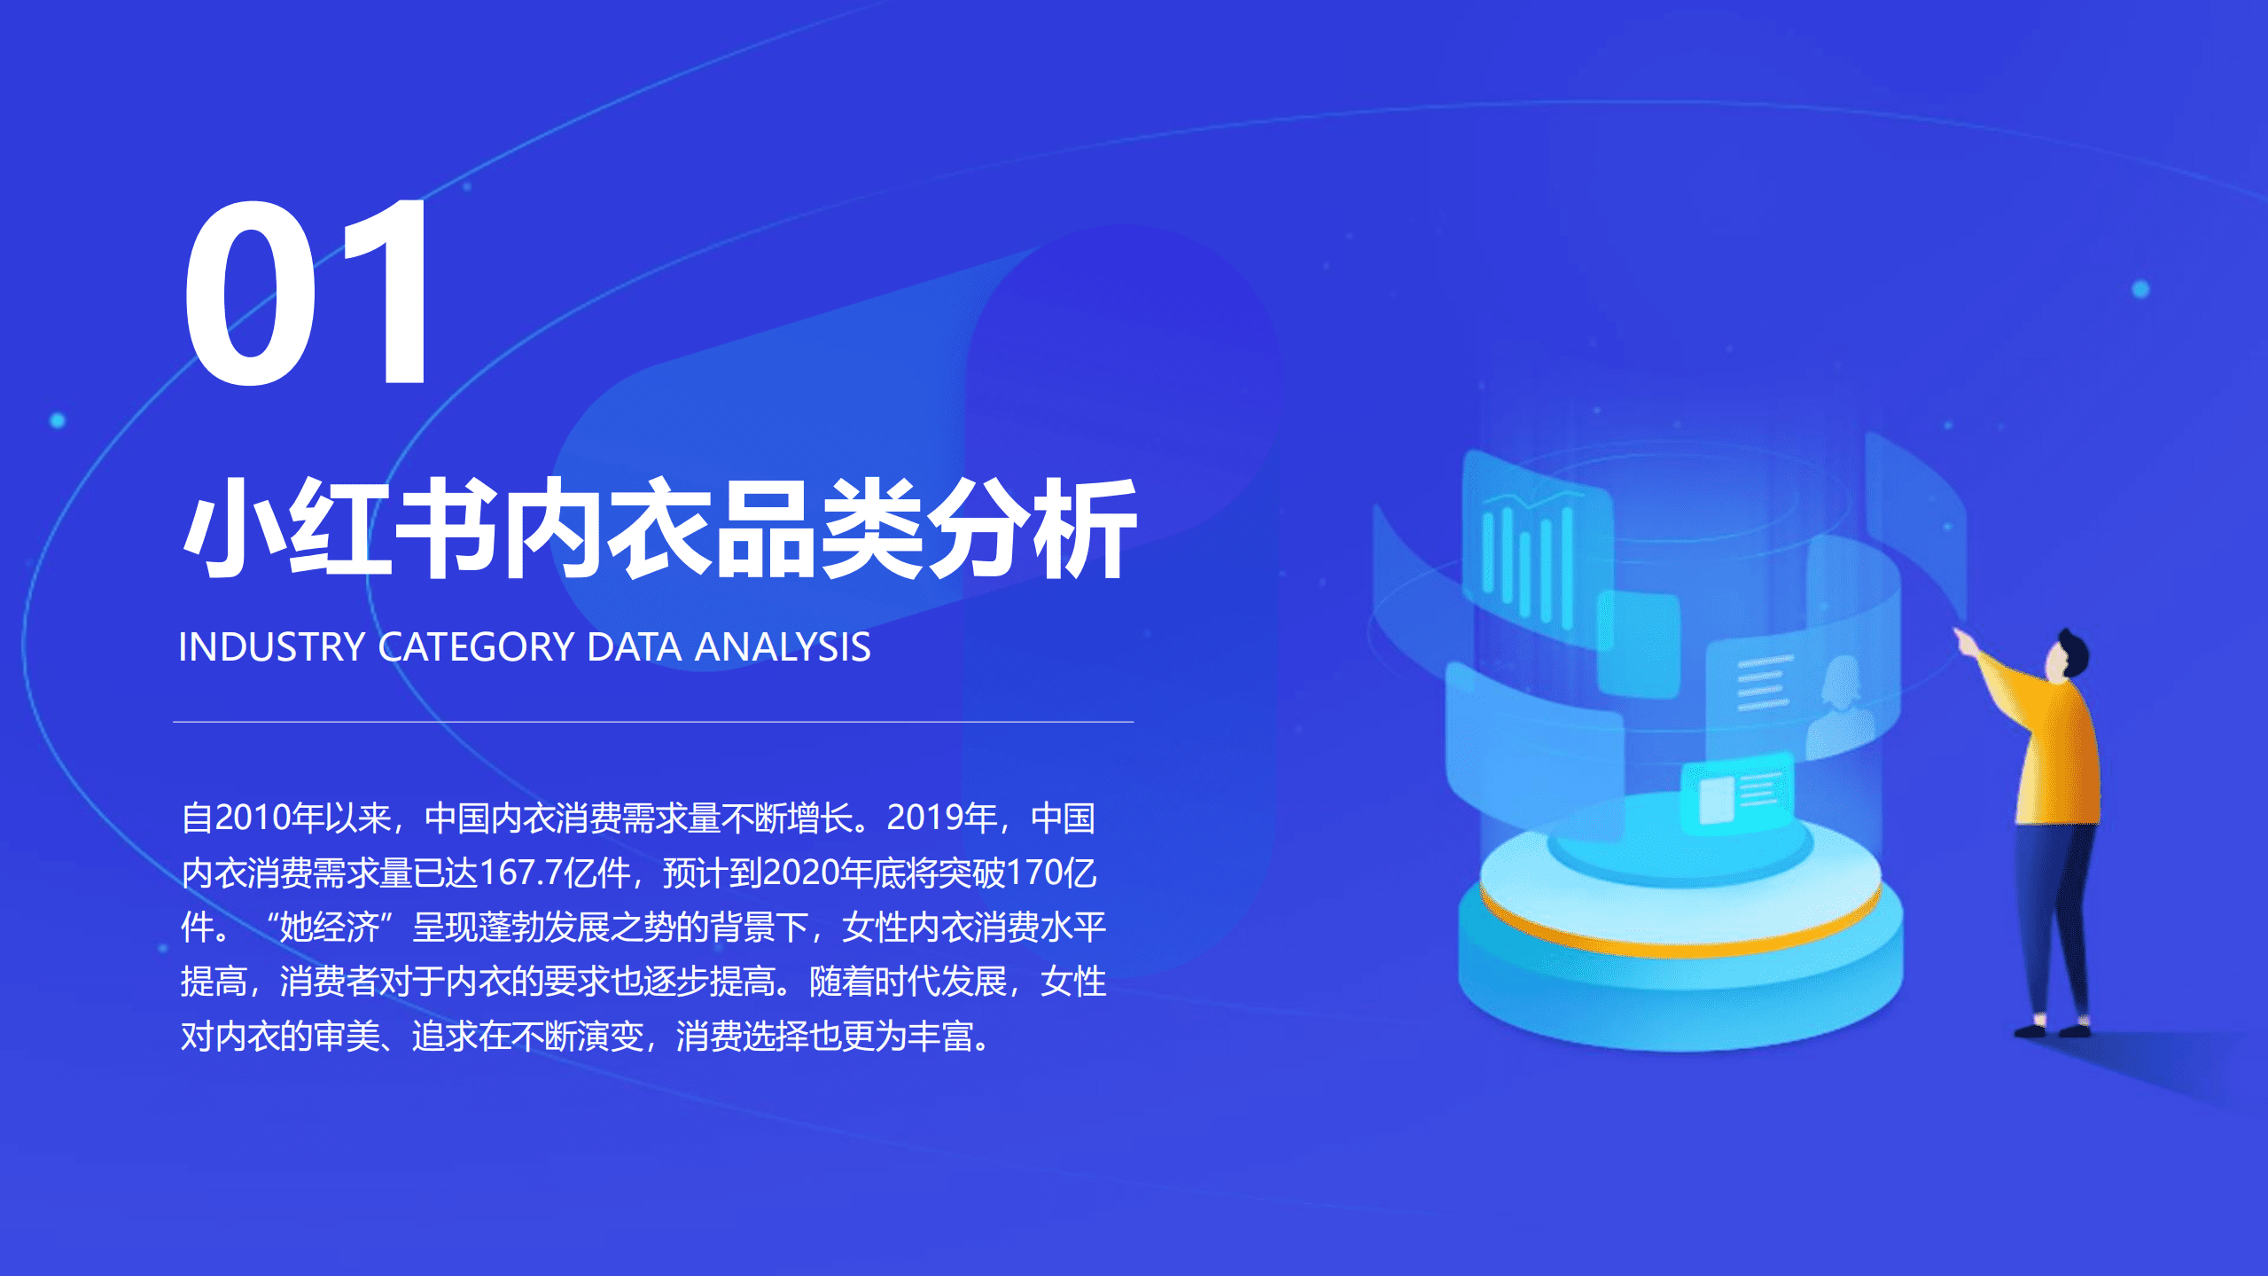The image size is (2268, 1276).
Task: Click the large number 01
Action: (306, 293)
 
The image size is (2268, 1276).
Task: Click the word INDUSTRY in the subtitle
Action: (271, 647)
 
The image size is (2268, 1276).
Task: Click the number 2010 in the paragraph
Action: (253, 818)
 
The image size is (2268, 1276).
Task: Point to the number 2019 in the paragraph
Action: (925, 818)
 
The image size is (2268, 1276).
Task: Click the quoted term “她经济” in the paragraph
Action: (329, 928)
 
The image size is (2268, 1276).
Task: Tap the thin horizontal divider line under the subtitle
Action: (653, 722)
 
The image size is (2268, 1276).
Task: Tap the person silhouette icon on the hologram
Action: (1840, 709)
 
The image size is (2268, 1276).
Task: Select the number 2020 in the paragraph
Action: (800, 873)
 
